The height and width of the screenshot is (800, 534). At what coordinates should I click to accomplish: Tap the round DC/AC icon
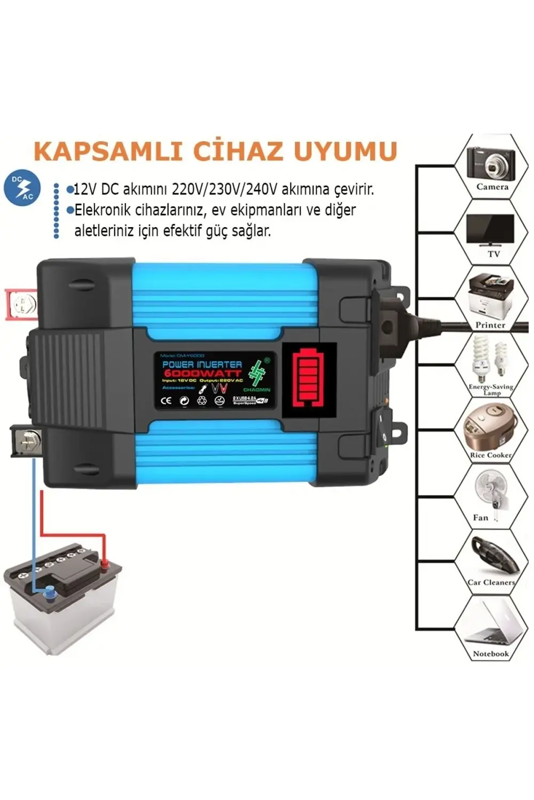[x=22, y=188]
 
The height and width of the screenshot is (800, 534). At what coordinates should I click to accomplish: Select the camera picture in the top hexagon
[x=491, y=163]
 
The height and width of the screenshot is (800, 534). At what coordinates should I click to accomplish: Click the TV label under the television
[x=493, y=254]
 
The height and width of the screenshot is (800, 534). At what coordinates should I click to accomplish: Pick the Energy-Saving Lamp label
[x=491, y=389]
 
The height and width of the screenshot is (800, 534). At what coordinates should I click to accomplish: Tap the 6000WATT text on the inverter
[x=202, y=373]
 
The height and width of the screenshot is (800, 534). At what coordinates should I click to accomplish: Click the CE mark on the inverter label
[x=166, y=401]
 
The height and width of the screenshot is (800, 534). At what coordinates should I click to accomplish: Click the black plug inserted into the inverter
[x=392, y=320]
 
